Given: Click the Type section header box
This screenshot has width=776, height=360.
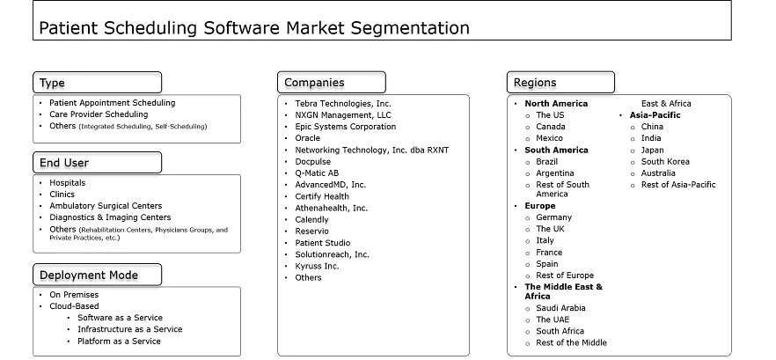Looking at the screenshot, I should (97, 83).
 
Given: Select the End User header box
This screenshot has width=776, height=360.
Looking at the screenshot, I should (97, 163).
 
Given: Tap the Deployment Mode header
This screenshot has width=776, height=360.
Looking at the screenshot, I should (97, 276).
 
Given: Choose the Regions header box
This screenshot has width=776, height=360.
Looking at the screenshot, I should (560, 83).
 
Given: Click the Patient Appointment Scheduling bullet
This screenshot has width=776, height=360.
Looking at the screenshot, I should (112, 103).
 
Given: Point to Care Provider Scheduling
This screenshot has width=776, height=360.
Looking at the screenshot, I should (99, 114).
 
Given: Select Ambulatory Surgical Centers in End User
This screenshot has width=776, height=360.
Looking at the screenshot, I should (106, 206).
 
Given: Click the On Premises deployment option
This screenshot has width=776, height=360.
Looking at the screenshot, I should (74, 295).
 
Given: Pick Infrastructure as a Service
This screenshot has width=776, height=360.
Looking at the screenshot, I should (129, 329).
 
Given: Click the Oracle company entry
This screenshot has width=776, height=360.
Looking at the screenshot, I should (308, 138).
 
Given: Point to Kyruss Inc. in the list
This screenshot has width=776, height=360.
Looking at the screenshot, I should (317, 266).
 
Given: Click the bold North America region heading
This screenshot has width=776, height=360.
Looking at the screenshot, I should (556, 104).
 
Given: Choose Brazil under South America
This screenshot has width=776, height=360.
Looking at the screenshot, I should (548, 162).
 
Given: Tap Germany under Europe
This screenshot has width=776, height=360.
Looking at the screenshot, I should (553, 217).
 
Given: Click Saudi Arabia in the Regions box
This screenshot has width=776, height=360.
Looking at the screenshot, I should (560, 308).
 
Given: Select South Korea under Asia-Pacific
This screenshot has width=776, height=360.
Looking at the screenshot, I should (665, 162).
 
